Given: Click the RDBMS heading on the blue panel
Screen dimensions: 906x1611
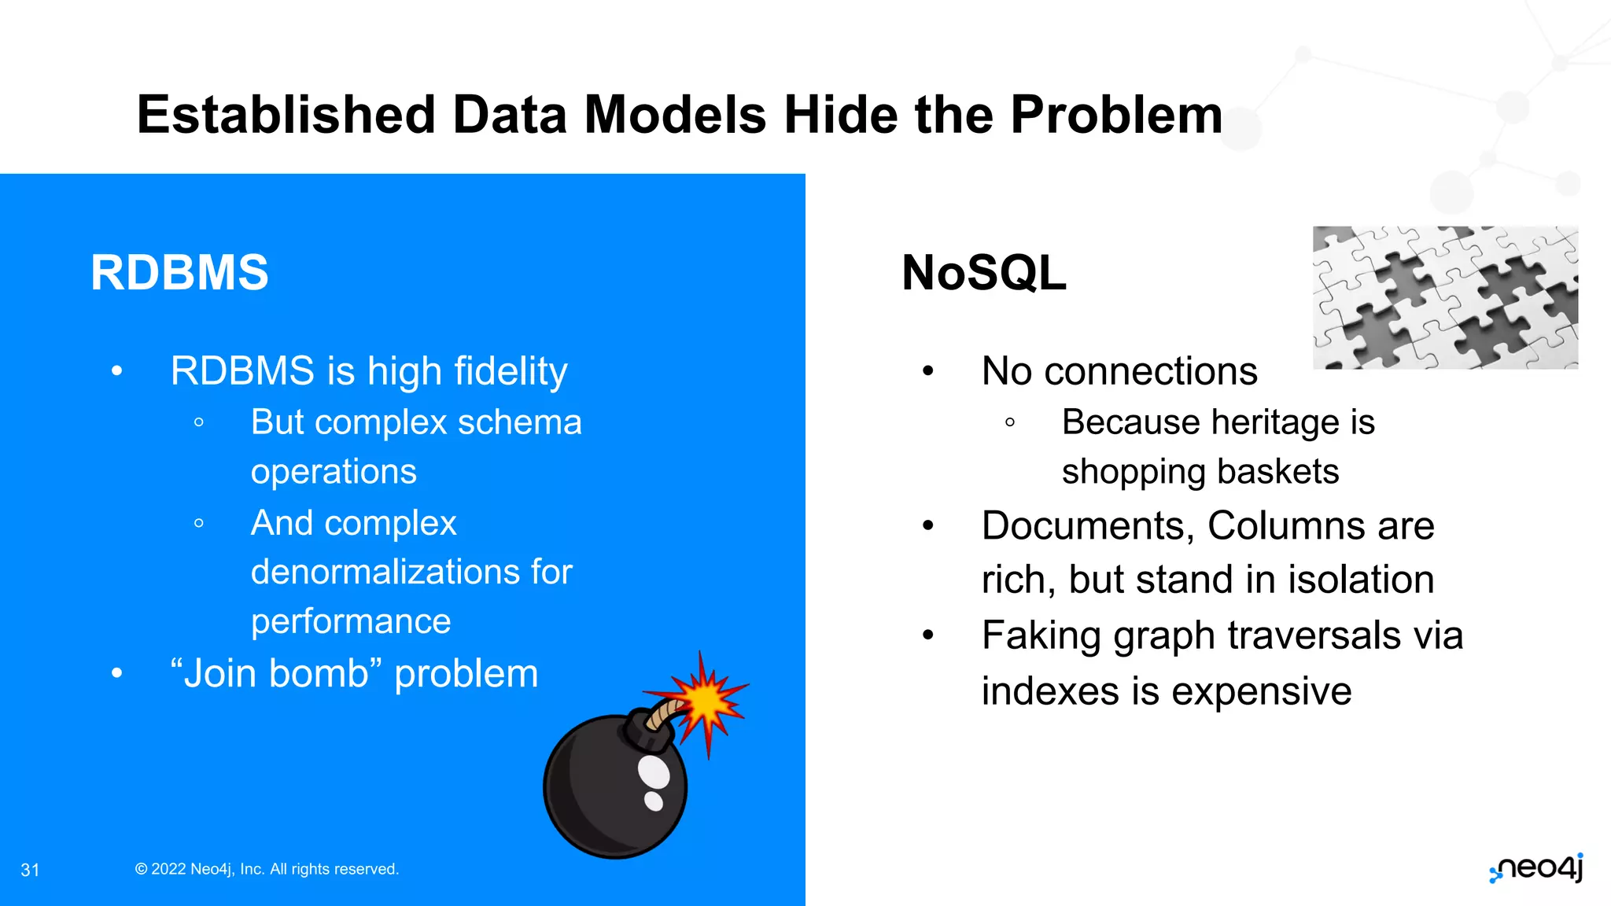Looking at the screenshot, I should tap(179, 273).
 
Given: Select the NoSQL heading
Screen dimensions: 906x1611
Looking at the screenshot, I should tap(983, 273).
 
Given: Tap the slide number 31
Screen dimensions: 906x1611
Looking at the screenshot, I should tap(30, 870).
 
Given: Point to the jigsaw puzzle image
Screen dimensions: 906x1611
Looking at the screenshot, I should tap(1445, 297).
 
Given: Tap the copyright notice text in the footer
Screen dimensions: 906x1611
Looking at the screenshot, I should tap(267, 869).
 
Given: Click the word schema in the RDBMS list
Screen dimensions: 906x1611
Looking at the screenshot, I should tap(520, 422).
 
